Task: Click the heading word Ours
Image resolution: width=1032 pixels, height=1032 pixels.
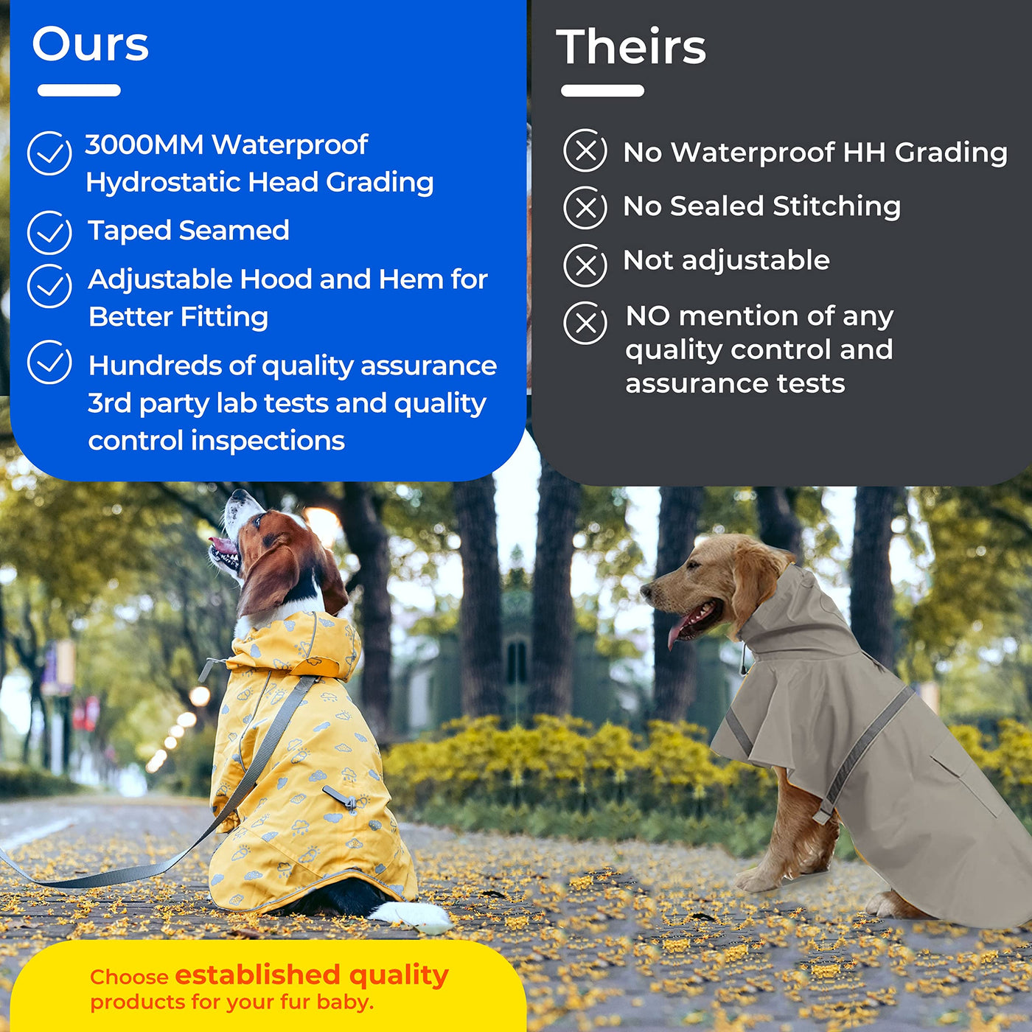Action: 90,44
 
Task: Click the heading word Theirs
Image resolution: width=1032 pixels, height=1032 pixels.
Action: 632,46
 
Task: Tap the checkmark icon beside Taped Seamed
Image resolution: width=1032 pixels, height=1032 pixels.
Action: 49,232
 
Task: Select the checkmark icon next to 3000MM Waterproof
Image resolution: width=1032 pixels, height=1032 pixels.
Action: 49,153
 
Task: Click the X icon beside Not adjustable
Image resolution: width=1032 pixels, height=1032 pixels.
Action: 585,265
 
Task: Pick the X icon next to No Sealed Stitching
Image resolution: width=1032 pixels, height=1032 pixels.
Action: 585,208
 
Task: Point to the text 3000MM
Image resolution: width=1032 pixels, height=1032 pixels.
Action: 144,144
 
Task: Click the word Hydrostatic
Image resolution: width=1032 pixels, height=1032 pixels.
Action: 163,183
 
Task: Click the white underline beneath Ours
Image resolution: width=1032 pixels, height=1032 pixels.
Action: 80,90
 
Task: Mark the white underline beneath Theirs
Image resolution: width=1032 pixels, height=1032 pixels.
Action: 602,91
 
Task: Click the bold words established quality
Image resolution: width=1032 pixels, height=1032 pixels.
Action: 312,975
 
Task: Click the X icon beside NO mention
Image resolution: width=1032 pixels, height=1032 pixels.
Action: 585,323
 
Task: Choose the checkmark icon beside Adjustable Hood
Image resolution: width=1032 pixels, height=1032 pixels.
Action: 49,286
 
